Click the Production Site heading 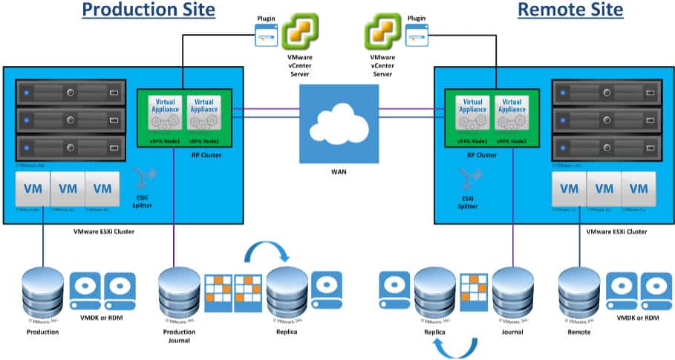[149, 10]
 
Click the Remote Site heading [570, 10]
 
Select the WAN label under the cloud [338, 171]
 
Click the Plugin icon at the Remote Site [417, 33]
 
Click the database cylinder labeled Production [42, 291]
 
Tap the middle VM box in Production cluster [68, 189]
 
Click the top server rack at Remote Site [606, 93]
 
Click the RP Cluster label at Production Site [183, 155]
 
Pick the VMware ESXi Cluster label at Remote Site [616, 232]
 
